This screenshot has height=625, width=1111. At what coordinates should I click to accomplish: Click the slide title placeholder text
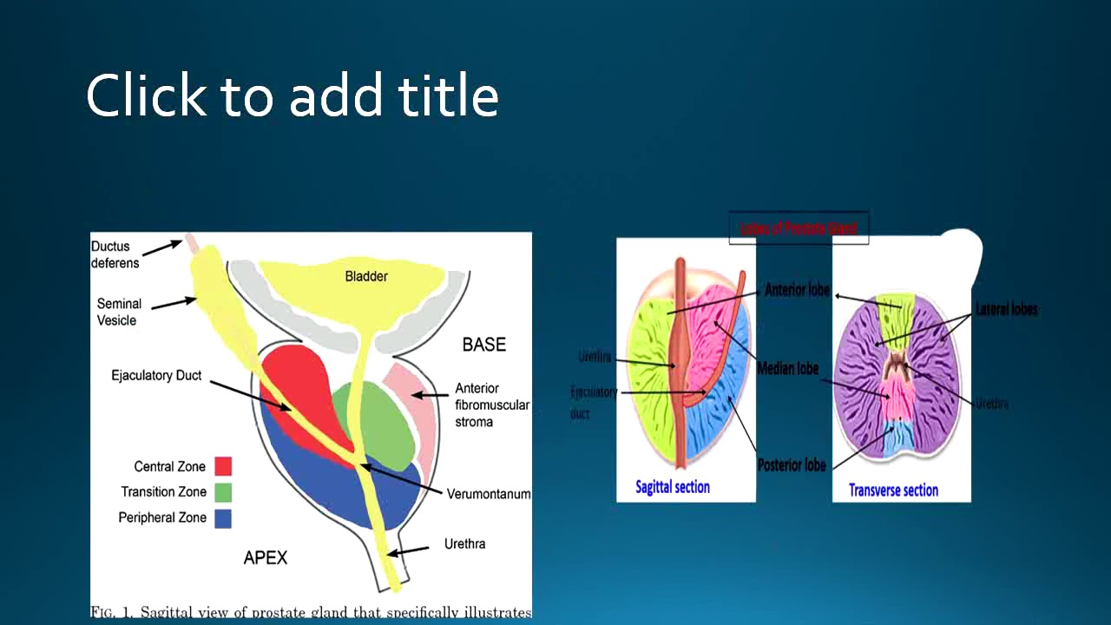pos(293,95)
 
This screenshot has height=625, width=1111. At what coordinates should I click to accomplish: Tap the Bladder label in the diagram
pos(366,276)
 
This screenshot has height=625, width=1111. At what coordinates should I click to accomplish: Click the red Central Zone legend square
pos(222,466)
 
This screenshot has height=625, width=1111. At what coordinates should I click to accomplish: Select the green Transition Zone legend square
pos(222,492)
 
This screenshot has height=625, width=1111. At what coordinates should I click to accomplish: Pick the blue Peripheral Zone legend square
pos(222,518)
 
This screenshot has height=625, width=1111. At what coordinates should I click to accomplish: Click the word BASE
pos(483,345)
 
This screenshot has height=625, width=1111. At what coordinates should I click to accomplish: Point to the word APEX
pos(265,558)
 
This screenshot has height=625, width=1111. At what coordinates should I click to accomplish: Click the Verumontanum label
pos(489,494)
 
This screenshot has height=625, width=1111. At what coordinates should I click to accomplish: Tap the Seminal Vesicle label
pos(117,312)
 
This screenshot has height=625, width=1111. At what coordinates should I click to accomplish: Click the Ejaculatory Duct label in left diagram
pos(156,376)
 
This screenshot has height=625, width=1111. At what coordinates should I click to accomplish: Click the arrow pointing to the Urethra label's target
pos(408,550)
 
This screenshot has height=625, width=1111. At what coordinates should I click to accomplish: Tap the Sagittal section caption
pos(673,487)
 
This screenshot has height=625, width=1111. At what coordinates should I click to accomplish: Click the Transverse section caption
pos(893,490)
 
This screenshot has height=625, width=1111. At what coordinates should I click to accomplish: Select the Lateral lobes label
pos(1006,309)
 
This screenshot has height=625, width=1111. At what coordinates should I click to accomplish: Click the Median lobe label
pos(787,369)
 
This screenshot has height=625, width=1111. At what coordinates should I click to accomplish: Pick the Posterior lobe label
pos(792,465)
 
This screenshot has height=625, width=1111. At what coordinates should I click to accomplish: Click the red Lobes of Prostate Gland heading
pos(799,228)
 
